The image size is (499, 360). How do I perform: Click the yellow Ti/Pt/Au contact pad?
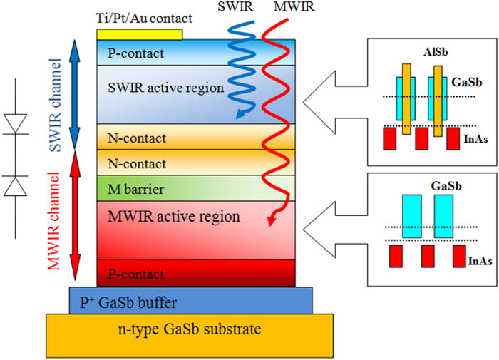(x=140, y=34)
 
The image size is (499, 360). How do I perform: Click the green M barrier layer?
(x=131, y=189)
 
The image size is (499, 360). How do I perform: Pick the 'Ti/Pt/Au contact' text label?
(x=138, y=16)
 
